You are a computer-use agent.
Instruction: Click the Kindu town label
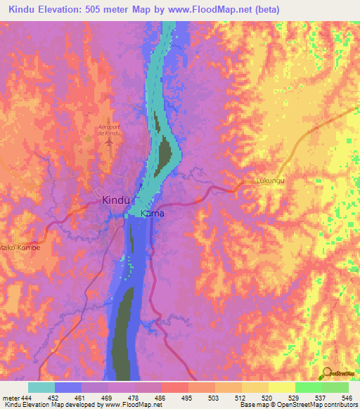click(x=117, y=200)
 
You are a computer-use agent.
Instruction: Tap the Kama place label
click(x=153, y=213)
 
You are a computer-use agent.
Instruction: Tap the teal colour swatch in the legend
click(x=41, y=387)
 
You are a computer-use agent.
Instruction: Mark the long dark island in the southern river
click(x=124, y=330)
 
